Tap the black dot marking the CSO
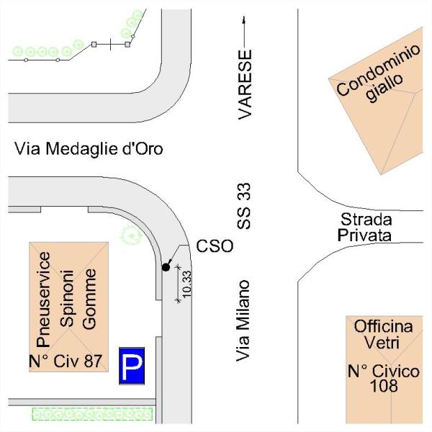coord(166,267)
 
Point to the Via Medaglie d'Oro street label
coord(89,150)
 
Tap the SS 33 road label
coord(246,206)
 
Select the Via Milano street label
coord(246,320)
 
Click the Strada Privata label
coord(366,227)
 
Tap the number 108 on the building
coord(383,387)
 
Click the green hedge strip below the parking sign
coord(93,414)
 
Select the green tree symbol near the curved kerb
coord(130,234)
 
